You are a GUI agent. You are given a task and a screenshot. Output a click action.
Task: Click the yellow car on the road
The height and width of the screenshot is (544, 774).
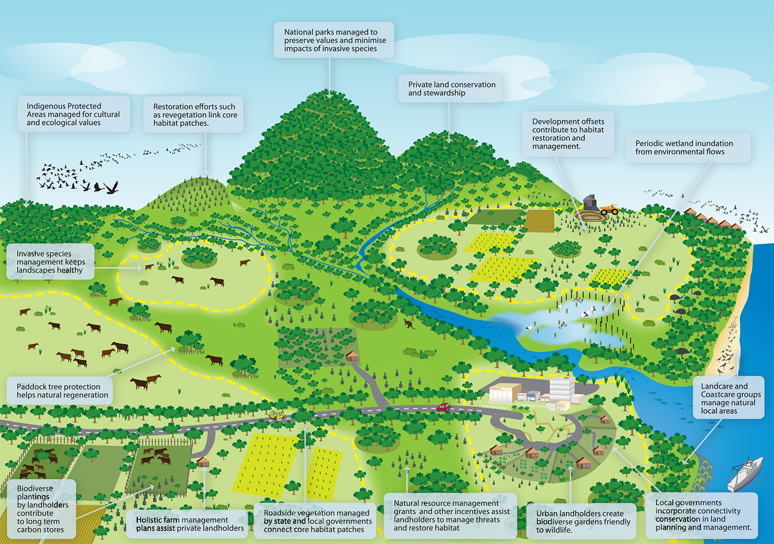[x=276, y=414]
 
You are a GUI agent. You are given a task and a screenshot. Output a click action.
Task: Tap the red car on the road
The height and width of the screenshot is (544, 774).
[x=443, y=407]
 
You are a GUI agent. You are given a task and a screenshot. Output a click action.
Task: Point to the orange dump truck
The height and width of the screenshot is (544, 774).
[x=609, y=209]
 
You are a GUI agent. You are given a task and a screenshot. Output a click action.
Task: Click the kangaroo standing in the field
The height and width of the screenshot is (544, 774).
[x=410, y=324]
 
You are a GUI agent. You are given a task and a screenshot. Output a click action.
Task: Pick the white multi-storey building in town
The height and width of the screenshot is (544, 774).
[x=561, y=388]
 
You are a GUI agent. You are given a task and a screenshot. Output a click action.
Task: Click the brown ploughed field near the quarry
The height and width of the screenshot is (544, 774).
[x=540, y=221]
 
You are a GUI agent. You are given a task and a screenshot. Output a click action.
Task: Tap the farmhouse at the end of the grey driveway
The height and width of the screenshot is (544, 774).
[x=352, y=356]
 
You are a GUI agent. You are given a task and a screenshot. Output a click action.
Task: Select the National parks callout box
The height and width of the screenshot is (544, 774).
[x=334, y=40]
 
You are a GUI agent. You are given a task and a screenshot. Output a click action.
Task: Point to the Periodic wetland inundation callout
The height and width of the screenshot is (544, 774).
[x=687, y=148]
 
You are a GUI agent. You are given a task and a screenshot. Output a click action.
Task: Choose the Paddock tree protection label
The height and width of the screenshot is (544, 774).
[x=59, y=391]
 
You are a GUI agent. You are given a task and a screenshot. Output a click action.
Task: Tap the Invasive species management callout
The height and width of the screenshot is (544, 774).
[x=50, y=262]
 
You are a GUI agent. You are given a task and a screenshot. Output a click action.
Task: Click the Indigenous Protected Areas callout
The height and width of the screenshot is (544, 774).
[x=73, y=114]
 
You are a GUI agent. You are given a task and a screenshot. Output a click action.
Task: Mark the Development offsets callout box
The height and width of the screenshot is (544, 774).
[x=568, y=134]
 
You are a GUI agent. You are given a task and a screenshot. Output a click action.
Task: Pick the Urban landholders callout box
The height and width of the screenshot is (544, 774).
[x=583, y=521]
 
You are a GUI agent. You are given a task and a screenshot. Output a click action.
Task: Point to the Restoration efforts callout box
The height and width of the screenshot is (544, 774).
[x=193, y=115]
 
